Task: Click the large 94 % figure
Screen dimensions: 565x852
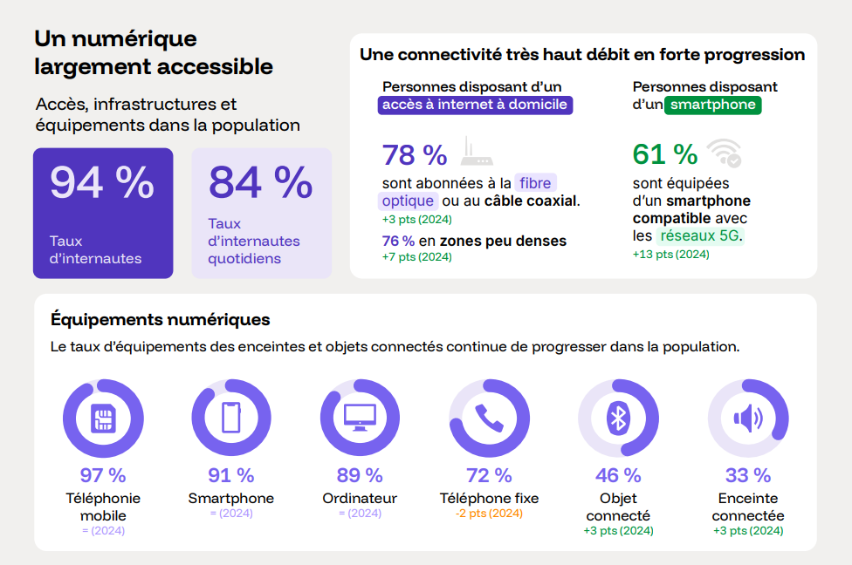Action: [x=101, y=182]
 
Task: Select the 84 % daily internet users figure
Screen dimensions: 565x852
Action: [x=260, y=182]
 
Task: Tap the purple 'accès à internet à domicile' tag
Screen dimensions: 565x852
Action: [x=476, y=105]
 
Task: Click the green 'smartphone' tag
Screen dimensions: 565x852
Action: [x=713, y=106]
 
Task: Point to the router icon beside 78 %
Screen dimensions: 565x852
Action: [x=477, y=153]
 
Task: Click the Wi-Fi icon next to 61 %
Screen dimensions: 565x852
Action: [x=725, y=153]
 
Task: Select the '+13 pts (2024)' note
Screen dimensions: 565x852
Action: [x=670, y=255]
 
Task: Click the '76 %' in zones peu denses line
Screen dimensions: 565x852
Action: [x=397, y=241]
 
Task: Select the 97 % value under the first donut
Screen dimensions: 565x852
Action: [x=103, y=475]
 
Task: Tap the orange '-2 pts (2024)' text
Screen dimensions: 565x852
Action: [x=489, y=514]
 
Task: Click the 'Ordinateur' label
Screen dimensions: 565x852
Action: [x=360, y=499]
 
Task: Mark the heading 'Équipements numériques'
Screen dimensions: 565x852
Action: [x=161, y=319]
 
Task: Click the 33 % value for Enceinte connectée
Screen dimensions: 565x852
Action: [x=748, y=475]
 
